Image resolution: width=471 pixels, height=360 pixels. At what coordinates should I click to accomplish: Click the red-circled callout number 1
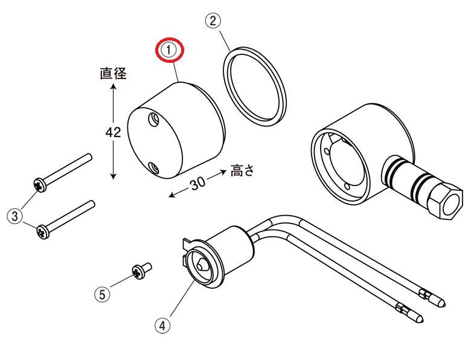[x=169, y=50]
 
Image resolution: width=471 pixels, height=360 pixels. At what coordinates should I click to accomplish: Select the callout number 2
[x=213, y=21]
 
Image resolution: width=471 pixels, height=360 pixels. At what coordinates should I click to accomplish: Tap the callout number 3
[x=14, y=216]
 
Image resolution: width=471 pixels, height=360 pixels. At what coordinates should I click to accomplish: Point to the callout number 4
[x=162, y=326]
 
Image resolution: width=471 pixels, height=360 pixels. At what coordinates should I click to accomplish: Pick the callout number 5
[x=103, y=295]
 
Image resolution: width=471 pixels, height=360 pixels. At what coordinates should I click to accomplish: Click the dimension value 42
[x=114, y=132]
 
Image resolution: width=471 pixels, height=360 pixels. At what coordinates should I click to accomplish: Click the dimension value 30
[x=197, y=184]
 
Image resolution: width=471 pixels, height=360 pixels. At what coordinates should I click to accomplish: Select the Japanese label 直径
[x=114, y=73]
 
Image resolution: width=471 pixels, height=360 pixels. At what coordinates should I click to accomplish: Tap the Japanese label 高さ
[x=242, y=170]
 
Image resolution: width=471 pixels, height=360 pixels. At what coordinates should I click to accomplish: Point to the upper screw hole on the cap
[x=154, y=120]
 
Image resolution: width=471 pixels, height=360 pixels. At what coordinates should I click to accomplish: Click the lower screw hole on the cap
[x=153, y=169]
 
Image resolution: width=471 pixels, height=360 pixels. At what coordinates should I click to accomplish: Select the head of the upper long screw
[x=40, y=185]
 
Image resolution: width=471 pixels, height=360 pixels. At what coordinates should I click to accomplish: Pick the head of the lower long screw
[x=43, y=231]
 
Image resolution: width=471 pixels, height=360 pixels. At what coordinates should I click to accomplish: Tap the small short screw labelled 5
[x=141, y=271]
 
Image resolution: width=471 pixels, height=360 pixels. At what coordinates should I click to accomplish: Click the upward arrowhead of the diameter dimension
[x=114, y=87]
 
